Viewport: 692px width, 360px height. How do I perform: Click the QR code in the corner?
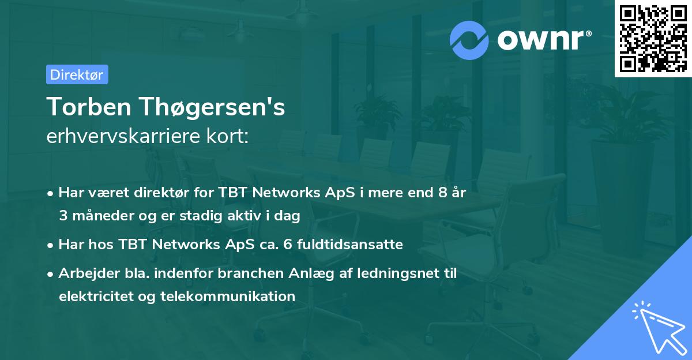[x=653, y=39]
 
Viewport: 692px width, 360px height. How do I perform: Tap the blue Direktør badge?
[x=77, y=74]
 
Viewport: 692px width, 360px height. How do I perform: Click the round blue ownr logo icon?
[x=469, y=40]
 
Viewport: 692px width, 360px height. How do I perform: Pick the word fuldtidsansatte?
[x=357, y=245]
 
